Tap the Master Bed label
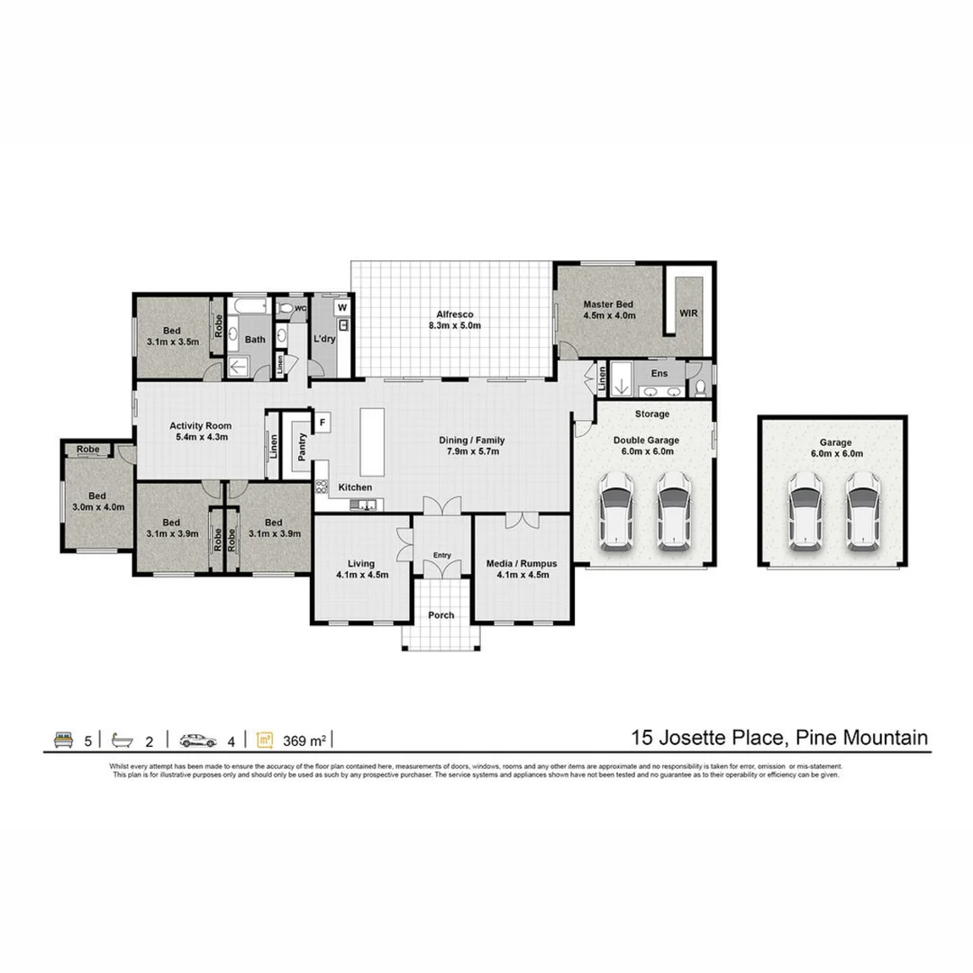pyautogui.click(x=609, y=305)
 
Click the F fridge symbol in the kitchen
pyautogui.click(x=322, y=422)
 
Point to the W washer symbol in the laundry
pyautogui.click(x=342, y=307)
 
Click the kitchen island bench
pyautogui.click(x=372, y=441)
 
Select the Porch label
pyautogui.click(x=441, y=616)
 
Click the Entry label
pyautogui.click(x=441, y=556)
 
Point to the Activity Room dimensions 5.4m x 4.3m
pyautogui.click(x=201, y=437)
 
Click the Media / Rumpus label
pyautogui.click(x=522, y=563)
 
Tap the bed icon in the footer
pyautogui.click(x=63, y=741)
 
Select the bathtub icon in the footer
pyautogui.click(x=123, y=741)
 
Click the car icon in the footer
pyautogui.click(x=197, y=741)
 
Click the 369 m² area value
pyautogui.click(x=304, y=741)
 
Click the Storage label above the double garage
pyautogui.click(x=652, y=414)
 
